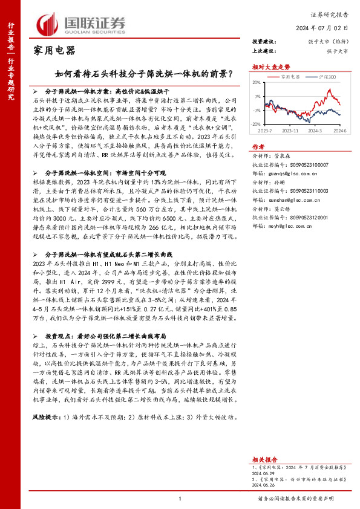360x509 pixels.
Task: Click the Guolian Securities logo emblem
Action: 47,24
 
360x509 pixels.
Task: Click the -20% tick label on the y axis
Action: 257,124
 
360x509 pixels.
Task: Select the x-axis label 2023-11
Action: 292,130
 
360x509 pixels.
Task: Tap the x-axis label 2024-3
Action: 314,130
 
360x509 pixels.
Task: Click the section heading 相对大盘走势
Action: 267,66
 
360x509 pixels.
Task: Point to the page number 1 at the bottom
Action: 180,498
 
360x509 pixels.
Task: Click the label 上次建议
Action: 264,51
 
